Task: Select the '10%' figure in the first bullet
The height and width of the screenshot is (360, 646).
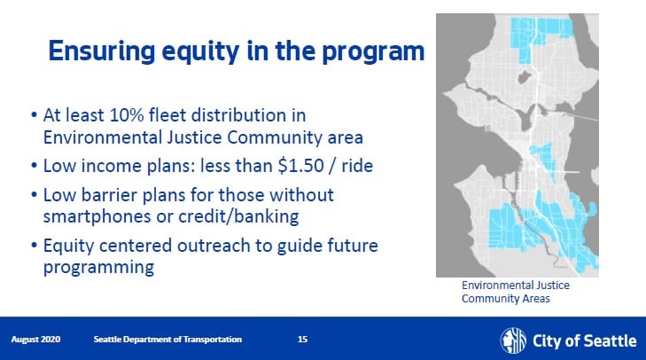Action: coord(127,115)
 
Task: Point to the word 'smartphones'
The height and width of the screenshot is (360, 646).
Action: coord(97,217)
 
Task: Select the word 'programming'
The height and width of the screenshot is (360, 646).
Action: coord(99,268)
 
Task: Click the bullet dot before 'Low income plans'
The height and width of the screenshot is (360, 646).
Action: coord(35,166)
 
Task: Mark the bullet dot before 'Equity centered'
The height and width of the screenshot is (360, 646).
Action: coord(35,246)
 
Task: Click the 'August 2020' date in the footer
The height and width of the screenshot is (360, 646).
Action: coord(35,340)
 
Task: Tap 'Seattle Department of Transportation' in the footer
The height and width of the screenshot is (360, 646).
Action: coord(167,340)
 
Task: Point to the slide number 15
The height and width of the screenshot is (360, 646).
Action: coord(302,340)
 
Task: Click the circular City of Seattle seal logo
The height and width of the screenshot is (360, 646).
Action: coord(513,340)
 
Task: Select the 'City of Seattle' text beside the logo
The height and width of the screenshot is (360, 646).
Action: coord(585,341)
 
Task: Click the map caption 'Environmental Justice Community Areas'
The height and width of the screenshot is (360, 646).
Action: coord(516,292)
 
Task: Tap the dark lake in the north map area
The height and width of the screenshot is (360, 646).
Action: coord(524,77)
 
